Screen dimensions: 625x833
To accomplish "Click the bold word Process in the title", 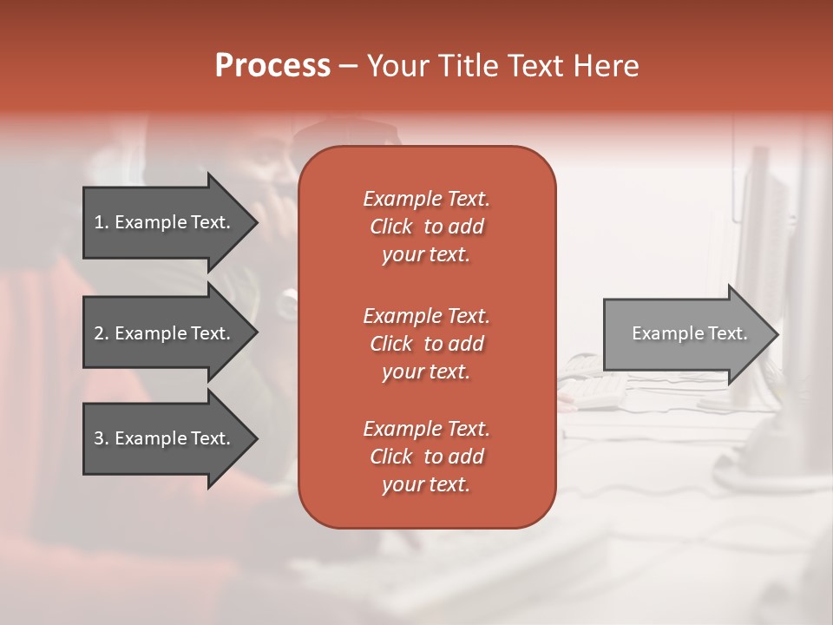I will click(x=272, y=66).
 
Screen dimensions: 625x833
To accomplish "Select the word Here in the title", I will click(x=606, y=66).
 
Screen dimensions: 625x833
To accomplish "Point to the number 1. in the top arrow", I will click(x=102, y=222).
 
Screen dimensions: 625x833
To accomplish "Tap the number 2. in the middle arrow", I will click(x=102, y=333).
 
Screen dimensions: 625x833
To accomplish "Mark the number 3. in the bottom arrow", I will click(x=102, y=438).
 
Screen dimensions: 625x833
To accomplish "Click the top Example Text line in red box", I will click(x=426, y=199).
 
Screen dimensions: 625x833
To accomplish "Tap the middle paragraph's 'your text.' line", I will click(x=426, y=372).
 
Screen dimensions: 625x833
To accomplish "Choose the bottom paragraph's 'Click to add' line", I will click(x=426, y=457).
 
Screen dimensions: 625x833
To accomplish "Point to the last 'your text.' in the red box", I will click(x=426, y=484).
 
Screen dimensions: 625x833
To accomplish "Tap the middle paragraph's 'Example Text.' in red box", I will click(x=426, y=316).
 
